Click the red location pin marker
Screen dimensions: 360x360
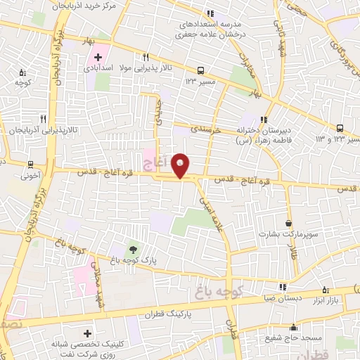[181, 165]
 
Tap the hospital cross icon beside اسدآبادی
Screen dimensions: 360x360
[97, 56]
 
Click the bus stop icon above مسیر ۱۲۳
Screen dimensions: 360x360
[201, 70]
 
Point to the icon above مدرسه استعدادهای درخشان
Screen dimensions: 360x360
[209, 13]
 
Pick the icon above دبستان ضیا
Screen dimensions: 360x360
[282, 286]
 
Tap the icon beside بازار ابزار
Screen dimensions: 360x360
[324, 290]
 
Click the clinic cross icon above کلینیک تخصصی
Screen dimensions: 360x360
[87, 333]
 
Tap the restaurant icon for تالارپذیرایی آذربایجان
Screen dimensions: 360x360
[43, 119]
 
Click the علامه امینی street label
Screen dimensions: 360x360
[214, 208]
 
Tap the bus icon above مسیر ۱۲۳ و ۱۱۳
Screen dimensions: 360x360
[340, 128]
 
